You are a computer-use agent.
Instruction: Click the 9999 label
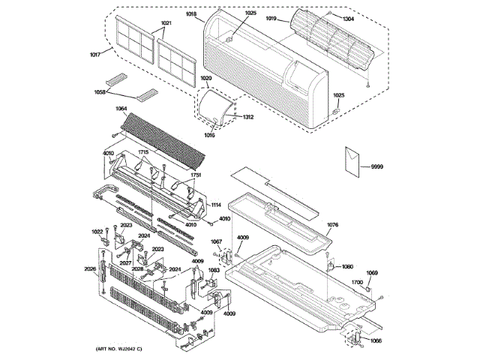pos(366,165)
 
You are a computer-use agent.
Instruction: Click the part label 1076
pos(333,223)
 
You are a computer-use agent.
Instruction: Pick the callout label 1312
pos(248,117)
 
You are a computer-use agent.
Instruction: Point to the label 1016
pos(208,136)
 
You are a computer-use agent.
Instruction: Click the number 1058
pos(99,93)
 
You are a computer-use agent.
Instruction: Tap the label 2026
pos(89,268)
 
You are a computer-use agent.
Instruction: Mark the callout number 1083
pos(214,270)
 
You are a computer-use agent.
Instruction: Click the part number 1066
pos(375,341)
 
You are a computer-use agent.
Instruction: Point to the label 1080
pos(346,266)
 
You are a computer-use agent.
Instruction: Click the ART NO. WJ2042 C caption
pos(118,349)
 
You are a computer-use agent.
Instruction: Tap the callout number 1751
pos(196,175)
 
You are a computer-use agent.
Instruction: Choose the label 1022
pos(97,231)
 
